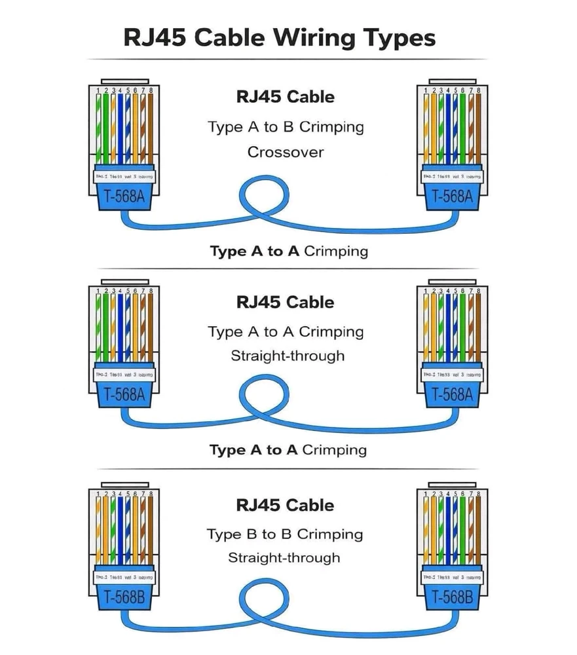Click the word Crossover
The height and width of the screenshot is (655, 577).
coord(286,152)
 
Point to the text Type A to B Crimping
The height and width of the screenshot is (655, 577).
coord(286,126)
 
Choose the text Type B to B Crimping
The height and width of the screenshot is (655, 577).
coord(285,534)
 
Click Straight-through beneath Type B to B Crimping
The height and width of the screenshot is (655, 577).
coord(284,558)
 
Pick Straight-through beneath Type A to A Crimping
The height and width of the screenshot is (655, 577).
coord(288,356)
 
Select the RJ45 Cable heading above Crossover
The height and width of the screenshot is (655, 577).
coord(286,97)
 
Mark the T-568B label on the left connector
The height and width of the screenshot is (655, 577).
coord(124,597)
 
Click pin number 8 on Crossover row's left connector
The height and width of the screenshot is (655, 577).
coord(151,90)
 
